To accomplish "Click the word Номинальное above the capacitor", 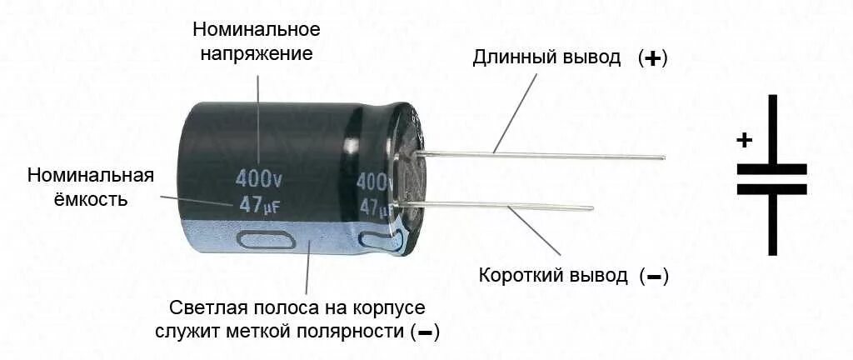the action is coord(257,30).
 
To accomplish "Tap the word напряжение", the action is coord(257,55).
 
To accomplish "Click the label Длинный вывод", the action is coord(546,58).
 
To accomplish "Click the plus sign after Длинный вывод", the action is coord(654,59).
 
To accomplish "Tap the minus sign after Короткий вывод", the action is coord(654,277).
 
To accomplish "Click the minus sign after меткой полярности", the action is coord(425,332).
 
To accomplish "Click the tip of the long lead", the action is coord(663,157).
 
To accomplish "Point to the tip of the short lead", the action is coord(591,208).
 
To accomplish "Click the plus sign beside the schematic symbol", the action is coord(744,140).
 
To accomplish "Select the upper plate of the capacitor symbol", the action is coord(771,168).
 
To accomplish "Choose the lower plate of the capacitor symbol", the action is coord(771,189).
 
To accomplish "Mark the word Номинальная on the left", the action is coord(91,176).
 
